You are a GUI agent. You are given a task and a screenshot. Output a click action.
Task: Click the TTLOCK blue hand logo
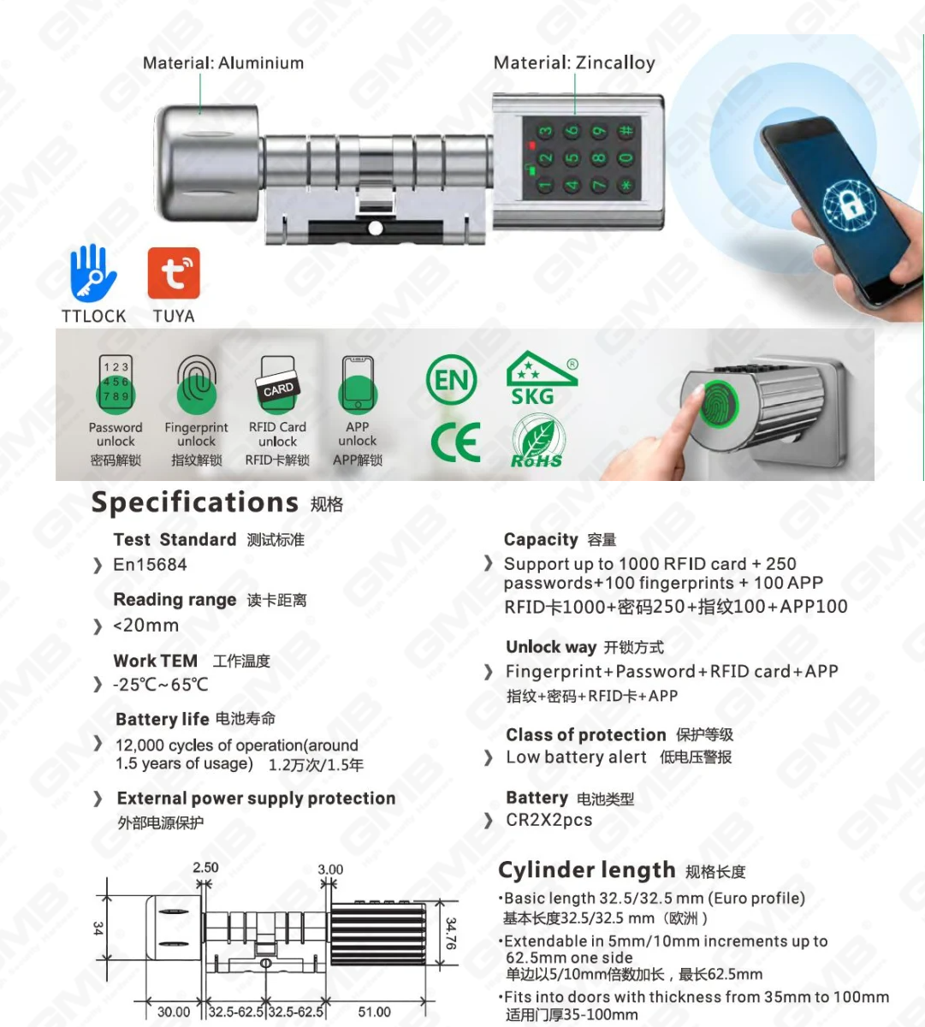[x=92, y=273]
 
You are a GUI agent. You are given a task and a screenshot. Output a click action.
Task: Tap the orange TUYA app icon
[x=174, y=274]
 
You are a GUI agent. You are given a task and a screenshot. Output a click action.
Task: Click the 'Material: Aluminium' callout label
[x=222, y=63]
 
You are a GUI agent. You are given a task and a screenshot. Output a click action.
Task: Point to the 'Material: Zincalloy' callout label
[x=574, y=63]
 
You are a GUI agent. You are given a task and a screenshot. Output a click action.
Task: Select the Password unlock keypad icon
[x=116, y=385]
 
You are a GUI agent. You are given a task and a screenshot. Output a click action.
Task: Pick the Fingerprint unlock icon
[x=196, y=386]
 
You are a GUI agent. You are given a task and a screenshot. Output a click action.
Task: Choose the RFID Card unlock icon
[x=277, y=386]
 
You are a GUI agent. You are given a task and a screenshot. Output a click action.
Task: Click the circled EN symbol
[x=451, y=379]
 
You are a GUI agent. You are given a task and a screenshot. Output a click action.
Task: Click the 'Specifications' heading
[x=194, y=502]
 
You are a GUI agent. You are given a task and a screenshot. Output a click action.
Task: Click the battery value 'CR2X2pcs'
[x=548, y=820]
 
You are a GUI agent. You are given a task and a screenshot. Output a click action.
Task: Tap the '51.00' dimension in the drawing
[x=374, y=1012]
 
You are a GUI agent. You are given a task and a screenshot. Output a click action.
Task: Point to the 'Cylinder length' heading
[x=586, y=870]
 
